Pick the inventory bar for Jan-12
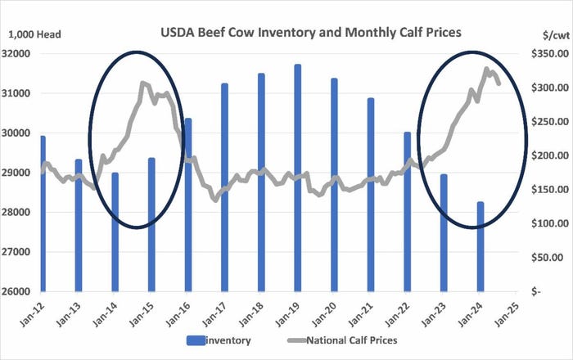pos(42,214)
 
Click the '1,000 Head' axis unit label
pos(35,34)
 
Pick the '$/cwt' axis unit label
pos(541,34)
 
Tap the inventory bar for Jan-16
pos(187,205)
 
